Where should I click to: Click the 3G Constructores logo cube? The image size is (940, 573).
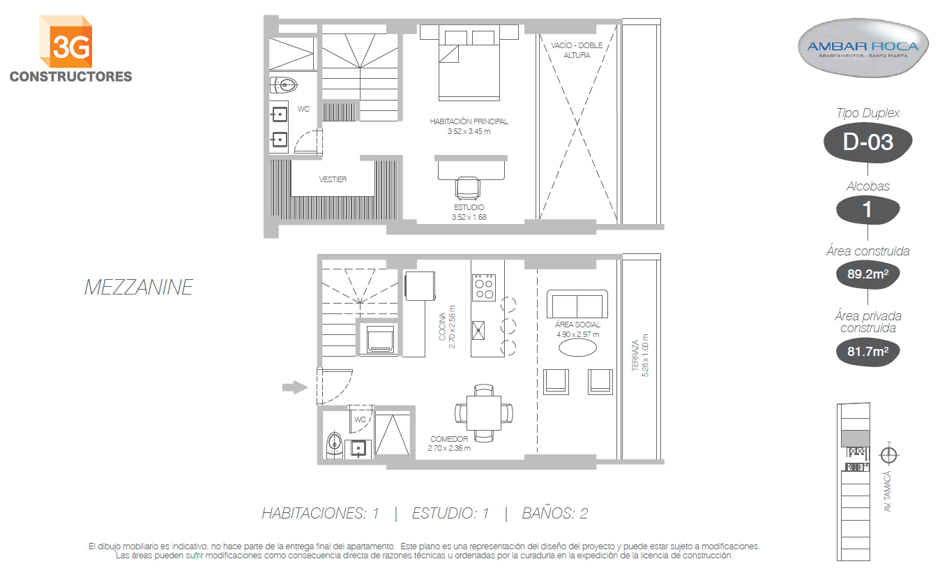[x=66, y=42]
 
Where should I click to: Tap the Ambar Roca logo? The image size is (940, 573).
[x=863, y=47]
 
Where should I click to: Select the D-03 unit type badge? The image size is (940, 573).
[x=867, y=142]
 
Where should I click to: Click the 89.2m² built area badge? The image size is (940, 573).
[x=867, y=274]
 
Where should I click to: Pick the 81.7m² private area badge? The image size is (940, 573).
[x=867, y=351]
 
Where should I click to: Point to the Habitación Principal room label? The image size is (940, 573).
[x=469, y=126]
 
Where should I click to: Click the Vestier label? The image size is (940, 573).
[x=333, y=179]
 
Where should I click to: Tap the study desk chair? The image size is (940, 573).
[x=468, y=188]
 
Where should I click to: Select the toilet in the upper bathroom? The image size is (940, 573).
[x=284, y=85]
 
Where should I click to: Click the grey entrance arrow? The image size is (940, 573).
[x=295, y=387]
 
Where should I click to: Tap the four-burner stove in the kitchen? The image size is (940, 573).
[x=484, y=288]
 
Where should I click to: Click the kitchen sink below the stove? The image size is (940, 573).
[x=478, y=330]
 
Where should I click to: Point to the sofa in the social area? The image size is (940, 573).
[x=577, y=304]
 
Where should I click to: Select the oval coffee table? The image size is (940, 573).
[x=577, y=348]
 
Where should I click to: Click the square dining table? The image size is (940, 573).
[x=484, y=412]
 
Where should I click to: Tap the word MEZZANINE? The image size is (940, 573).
[x=139, y=288]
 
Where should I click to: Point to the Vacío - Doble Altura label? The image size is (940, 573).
[x=577, y=50]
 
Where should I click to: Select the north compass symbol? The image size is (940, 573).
[x=888, y=455]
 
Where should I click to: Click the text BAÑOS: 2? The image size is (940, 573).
[x=555, y=514]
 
